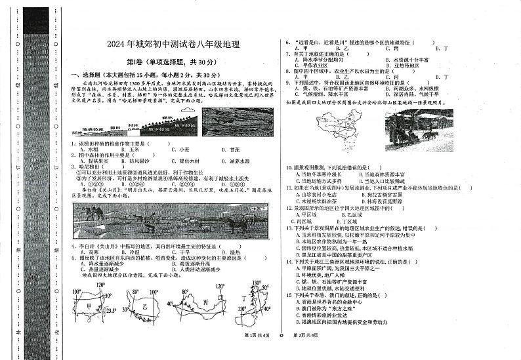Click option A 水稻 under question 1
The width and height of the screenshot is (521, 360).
(x=88, y=150)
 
